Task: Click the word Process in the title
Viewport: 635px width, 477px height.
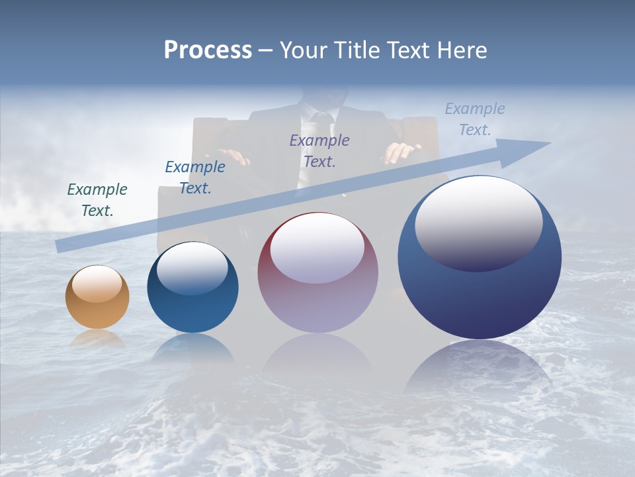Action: click(x=208, y=50)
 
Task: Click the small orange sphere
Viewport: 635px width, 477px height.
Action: click(x=97, y=297)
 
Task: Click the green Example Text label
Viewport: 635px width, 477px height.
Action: click(x=97, y=200)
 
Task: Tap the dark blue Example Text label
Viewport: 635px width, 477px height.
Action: click(x=195, y=178)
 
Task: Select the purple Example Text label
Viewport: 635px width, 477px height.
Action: click(x=319, y=151)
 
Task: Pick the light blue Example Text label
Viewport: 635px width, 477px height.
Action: click(x=474, y=119)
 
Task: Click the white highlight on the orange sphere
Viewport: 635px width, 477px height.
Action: click(x=97, y=284)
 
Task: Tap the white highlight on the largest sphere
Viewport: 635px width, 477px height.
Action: click(x=478, y=224)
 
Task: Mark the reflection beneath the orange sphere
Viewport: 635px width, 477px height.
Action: click(x=97, y=339)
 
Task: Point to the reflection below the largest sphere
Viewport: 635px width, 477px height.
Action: click(x=478, y=371)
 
